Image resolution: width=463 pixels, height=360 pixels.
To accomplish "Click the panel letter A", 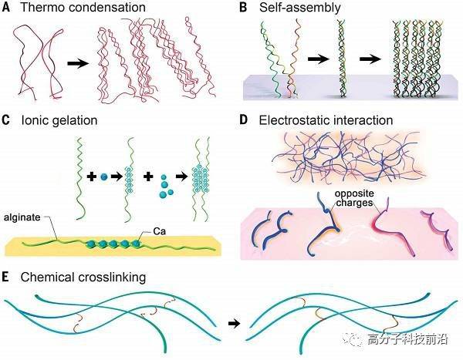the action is pos(5,7).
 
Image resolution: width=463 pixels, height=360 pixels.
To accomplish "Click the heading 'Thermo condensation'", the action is pos(83,7).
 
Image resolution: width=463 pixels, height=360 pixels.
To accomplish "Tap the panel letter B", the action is pos(243,7).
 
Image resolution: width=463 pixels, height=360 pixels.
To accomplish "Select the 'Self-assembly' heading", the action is pos(300,8).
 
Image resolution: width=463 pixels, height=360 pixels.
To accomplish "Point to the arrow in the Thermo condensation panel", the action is pos(78,63).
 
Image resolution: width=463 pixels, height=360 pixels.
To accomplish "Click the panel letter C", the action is pos(5,120).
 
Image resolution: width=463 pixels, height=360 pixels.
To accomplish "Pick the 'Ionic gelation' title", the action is pos(59,121).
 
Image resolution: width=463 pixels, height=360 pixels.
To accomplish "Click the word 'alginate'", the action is pos(22,217).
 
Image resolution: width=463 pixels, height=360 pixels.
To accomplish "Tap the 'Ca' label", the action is pos(160,231).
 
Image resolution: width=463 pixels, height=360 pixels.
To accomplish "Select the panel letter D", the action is pos(243,120).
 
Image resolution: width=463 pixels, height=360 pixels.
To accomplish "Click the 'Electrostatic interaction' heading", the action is pos(326,120).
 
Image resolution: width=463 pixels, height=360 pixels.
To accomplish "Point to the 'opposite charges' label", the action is pos(354,198).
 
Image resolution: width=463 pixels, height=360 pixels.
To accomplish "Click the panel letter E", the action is pos(5,278).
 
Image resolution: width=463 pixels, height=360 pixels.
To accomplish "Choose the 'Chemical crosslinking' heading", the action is pos(83,278).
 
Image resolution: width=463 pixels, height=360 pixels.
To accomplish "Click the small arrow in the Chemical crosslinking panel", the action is pos(235,324).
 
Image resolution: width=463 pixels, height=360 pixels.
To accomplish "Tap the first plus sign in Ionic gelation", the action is pos(92,177).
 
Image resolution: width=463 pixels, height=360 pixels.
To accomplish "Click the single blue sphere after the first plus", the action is pos(103,177).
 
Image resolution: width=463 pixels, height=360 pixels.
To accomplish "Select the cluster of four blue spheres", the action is pos(165,187).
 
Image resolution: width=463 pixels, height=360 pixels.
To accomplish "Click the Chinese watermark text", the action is pos(407,339).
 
